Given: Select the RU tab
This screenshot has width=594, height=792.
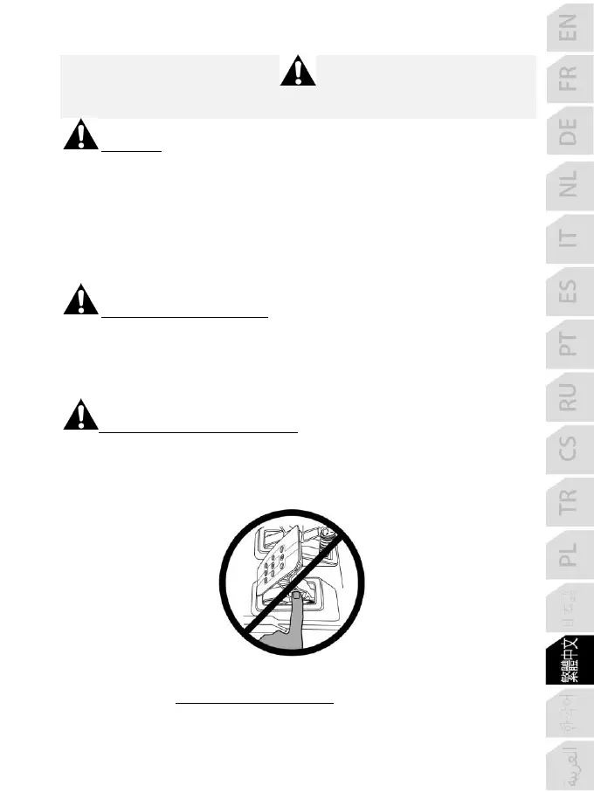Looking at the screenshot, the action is pyautogui.click(x=568, y=397).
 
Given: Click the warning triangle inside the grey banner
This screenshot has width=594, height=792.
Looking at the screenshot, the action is pyautogui.click(x=298, y=71).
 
